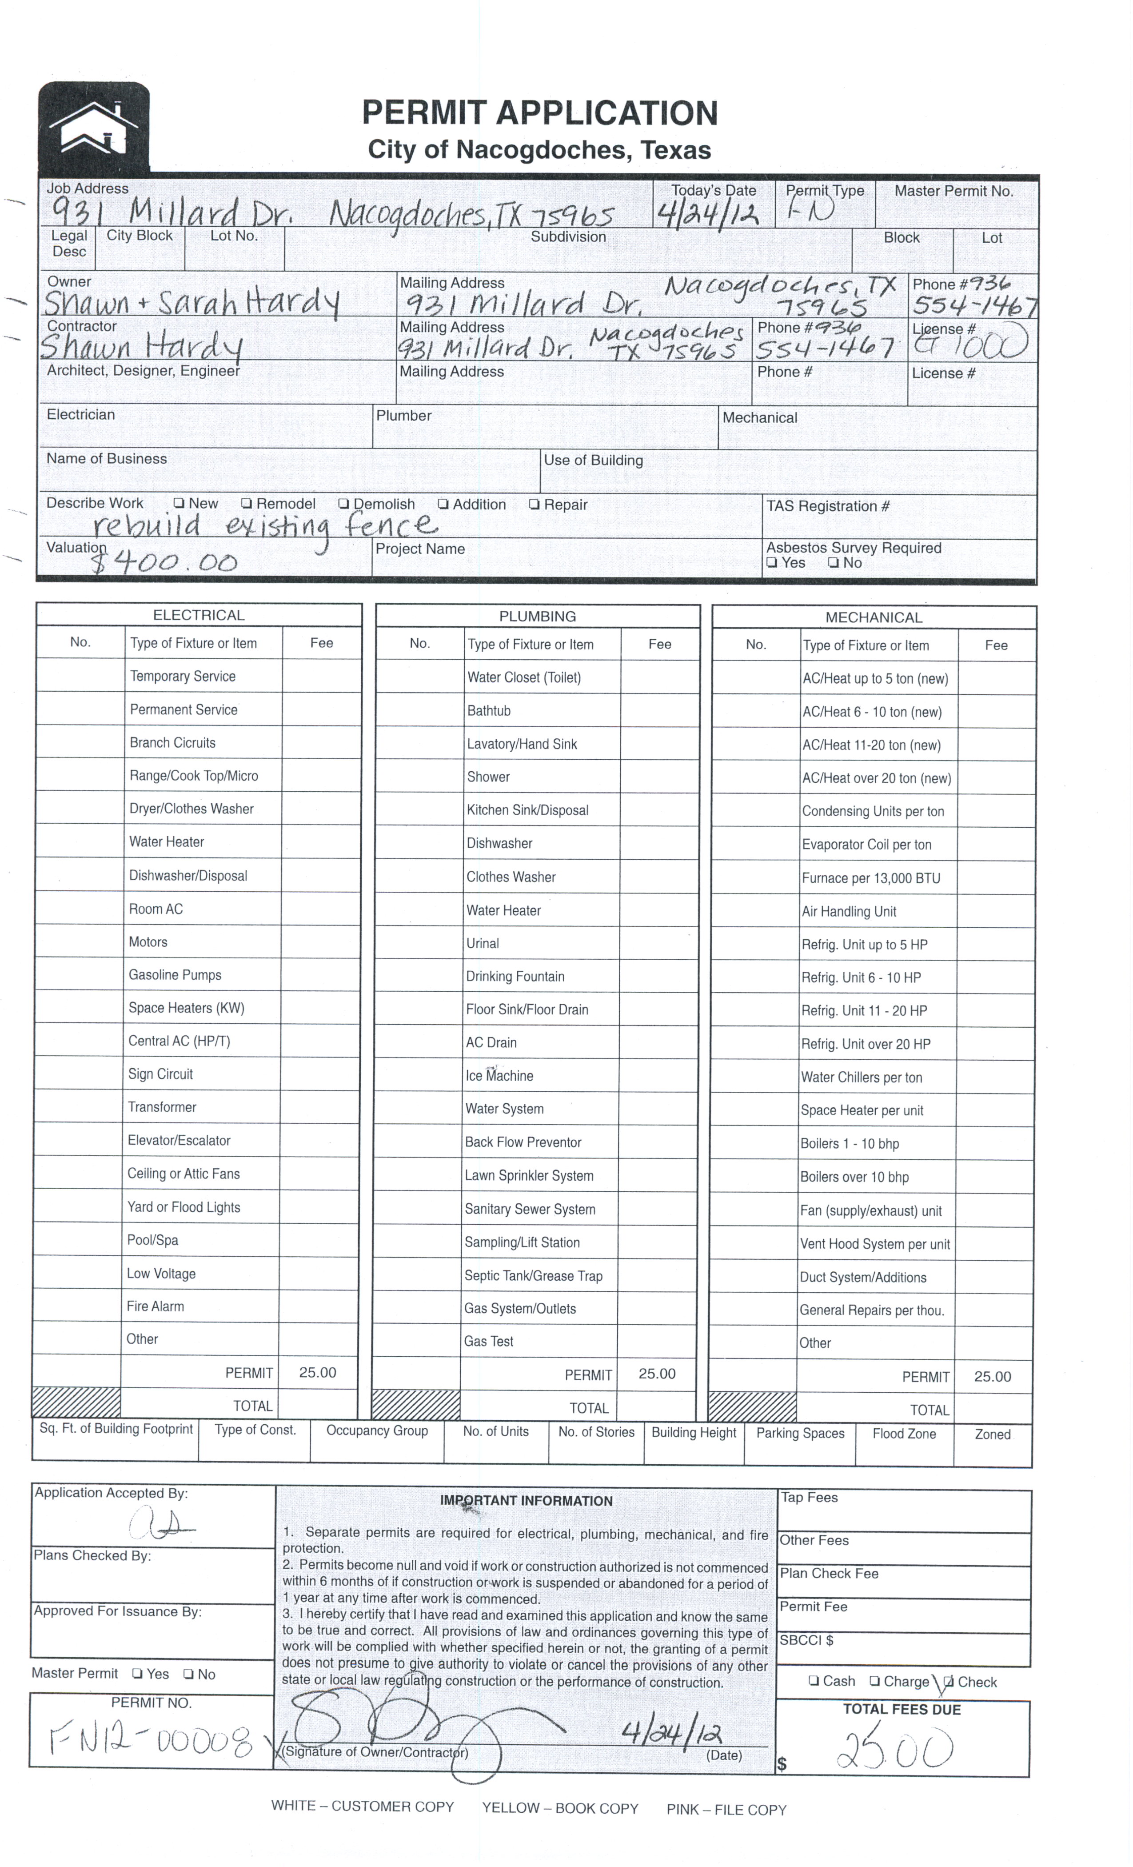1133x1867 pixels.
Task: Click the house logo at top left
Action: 94,127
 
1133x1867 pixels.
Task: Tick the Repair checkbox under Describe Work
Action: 535,504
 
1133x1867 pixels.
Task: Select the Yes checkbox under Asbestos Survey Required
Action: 772,563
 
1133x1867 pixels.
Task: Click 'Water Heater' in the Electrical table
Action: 167,842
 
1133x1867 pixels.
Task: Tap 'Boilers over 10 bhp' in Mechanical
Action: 854,1177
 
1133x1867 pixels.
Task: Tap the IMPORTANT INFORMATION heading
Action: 527,1500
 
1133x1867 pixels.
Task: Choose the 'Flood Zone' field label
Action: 904,1434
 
